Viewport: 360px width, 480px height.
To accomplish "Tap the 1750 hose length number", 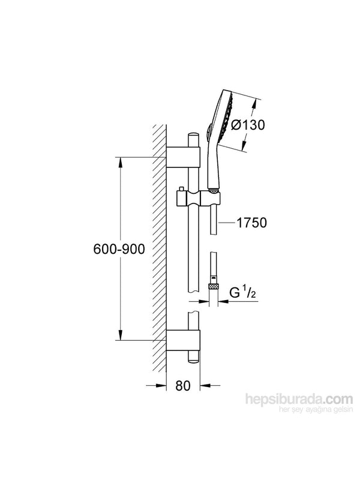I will (251, 223).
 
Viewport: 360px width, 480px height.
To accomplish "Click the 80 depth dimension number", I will (184, 385).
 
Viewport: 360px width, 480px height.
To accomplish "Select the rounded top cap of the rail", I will (192, 137).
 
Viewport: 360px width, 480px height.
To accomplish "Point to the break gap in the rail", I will (192, 306).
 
